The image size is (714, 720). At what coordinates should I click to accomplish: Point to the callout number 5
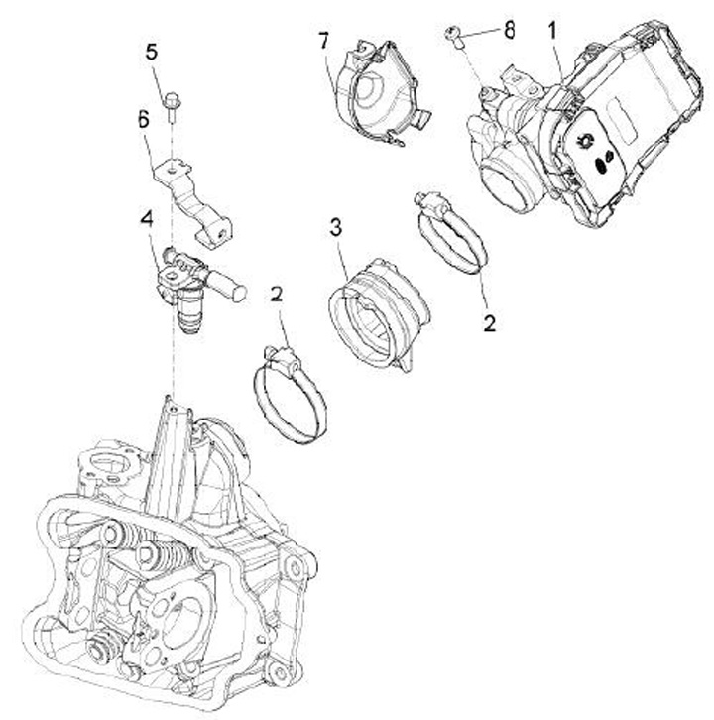(x=152, y=52)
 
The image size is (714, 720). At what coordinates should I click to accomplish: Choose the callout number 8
(x=509, y=29)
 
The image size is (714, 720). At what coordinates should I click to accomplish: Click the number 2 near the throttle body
(x=487, y=322)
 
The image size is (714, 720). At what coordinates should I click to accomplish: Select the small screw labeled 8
(x=457, y=38)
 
